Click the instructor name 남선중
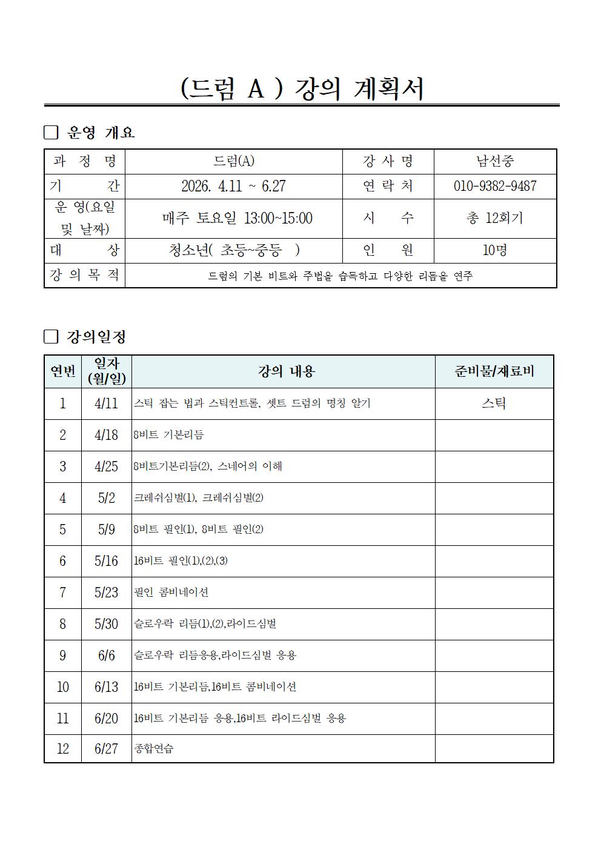click(494, 161)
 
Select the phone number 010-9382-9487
click(494, 186)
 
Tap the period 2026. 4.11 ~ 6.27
click(233, 186)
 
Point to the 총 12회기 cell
click(494, 218)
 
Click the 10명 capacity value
click(494, 250)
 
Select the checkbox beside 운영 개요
click(51, 133)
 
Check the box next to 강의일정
click(51, 337)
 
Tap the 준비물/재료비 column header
click(494, 371)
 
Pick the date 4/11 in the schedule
click(106, 403)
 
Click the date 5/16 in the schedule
click(106, 561)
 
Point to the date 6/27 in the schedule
click(106, 749)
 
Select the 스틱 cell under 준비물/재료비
click(494, 403)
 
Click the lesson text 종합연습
click(154, 749)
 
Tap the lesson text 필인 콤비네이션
click(171, 593)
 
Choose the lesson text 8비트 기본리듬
click(169, 435)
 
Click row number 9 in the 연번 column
click(62, 656)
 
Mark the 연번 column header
click(62, 371)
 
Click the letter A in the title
click(256, 89)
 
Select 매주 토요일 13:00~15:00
click(237, 218)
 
